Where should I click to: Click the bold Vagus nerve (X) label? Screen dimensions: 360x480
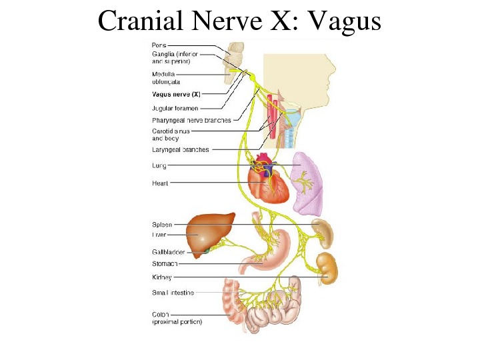(x=176, y=95)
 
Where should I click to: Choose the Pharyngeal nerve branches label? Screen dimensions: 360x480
(x=191, y=120)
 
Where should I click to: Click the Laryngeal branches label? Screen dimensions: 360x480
(x=180, y=150)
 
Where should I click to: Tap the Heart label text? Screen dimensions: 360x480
(x=160, y=183)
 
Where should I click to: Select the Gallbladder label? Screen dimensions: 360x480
(x=168, y=252)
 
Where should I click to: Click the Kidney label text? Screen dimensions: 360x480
(x=161, y=277)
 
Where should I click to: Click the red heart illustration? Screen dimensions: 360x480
(x=268, y=183)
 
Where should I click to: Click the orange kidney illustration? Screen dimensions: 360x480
(x=327, y=267)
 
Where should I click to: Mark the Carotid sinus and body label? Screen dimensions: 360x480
(x=170, y=135)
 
